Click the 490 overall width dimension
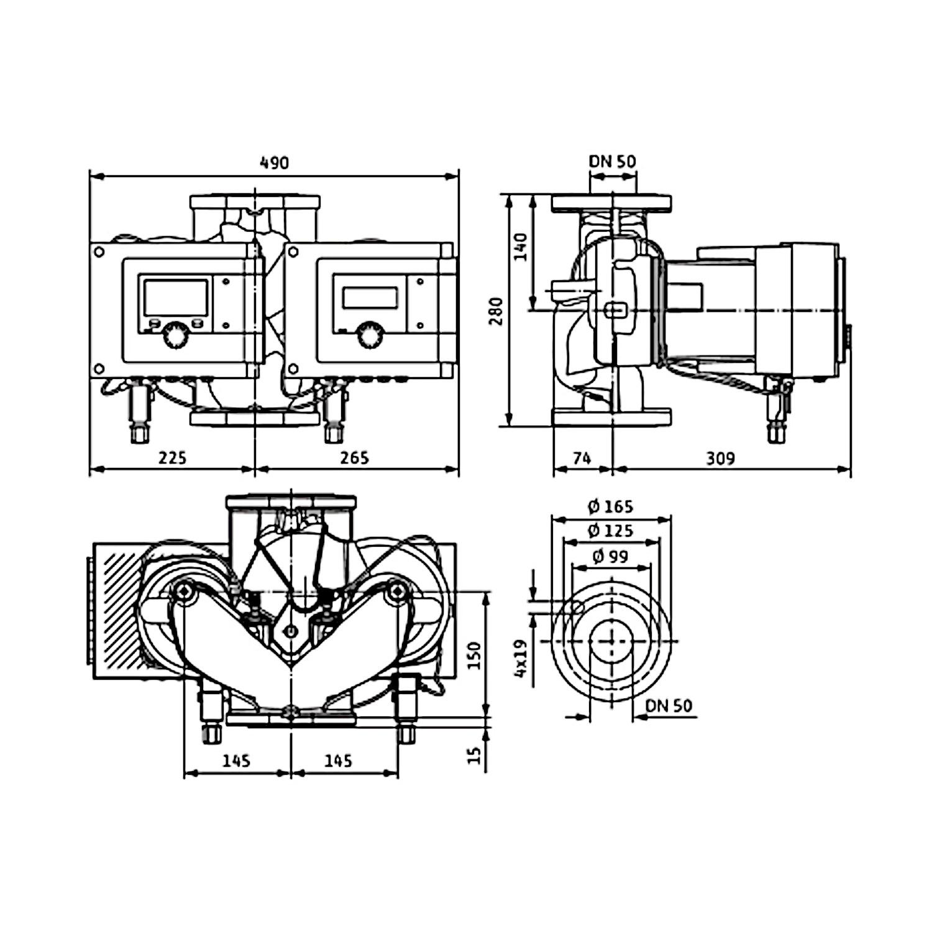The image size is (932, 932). tap(274, 163)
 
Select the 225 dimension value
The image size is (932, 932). tap(172, 458)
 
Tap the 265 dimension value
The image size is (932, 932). tap(354, 458)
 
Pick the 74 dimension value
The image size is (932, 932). tap(582, 459)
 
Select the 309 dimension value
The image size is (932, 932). tap(721, 459)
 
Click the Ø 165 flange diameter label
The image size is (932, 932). tap(611, 507)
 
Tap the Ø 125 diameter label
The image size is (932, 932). tap(611, 531)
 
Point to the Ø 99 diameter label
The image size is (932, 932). tap(611, 557)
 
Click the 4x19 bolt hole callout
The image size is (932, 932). tap(521, 659)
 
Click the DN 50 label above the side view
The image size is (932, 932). tap(613, 162)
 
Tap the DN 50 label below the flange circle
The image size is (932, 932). tap(669, 706)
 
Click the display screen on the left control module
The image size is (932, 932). tap(176, 297)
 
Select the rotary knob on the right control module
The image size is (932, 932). tap(368, 334)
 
